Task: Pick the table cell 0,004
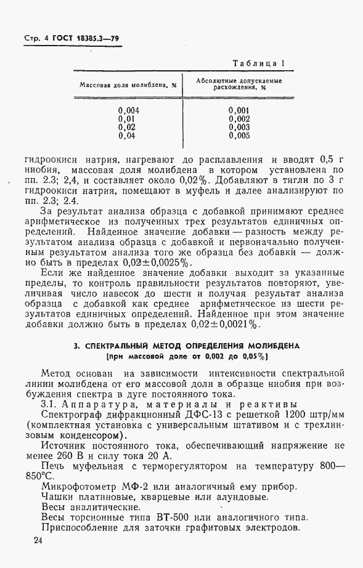tap(129, 110)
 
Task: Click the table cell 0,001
tap(239, 110)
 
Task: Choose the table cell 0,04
tap(127, 136)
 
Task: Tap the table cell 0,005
tap(239, 136)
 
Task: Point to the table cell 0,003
tap(239, 127)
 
